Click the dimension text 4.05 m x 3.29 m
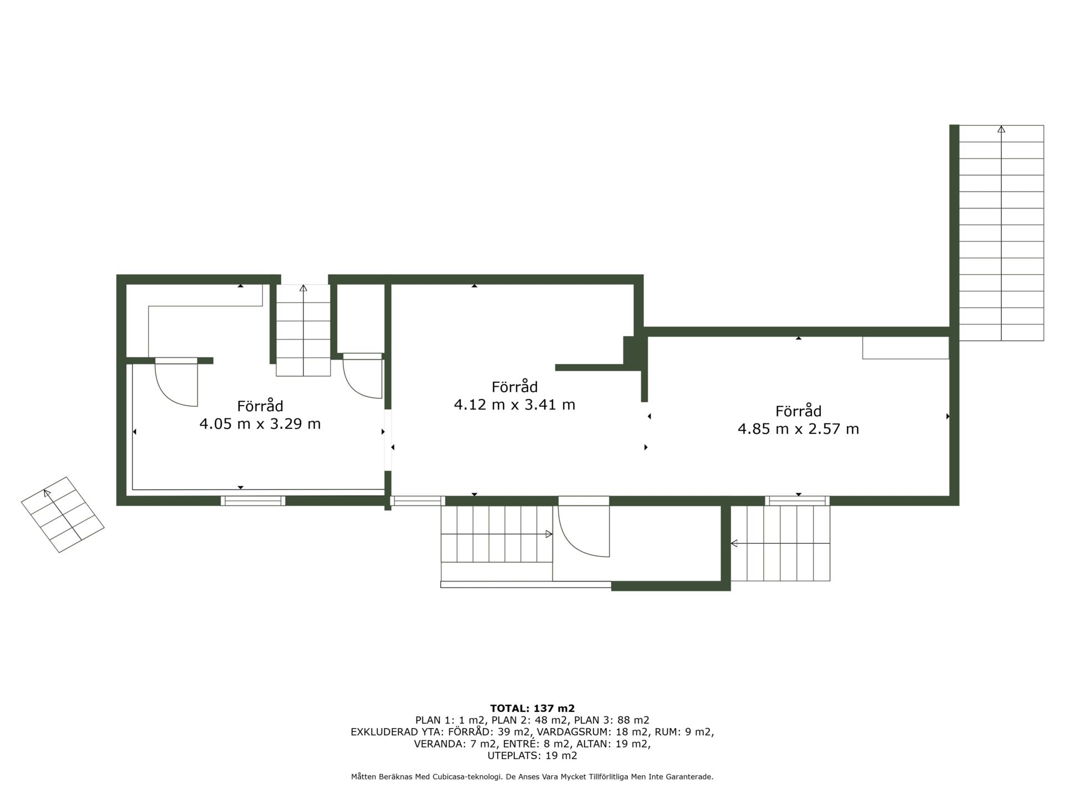(260, 424)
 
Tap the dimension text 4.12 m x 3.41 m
(515, 404)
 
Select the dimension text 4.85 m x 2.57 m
(798, 429)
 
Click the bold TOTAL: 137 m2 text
(532, 708)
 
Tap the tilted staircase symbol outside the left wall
(63, 514)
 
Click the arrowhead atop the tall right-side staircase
(1001, 129)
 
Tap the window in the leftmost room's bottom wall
(253, 500)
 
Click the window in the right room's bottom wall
(798, 500)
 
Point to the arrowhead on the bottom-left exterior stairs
(549, 534)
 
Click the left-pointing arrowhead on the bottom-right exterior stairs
(734, 543)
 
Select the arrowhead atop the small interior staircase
(303, 288)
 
